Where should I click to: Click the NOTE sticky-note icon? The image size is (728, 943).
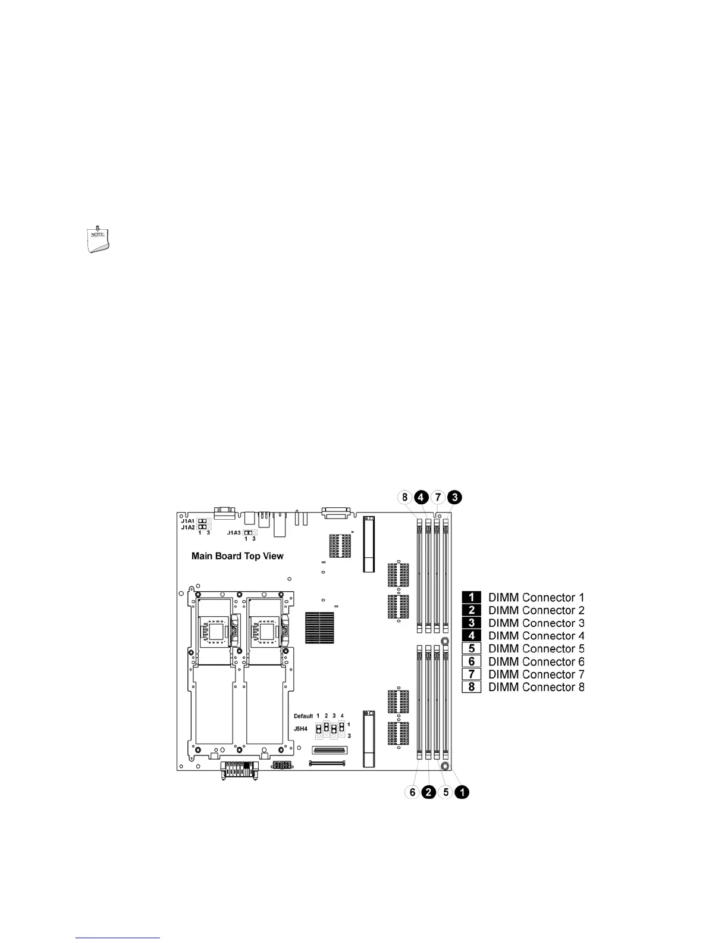pyautogui.click(x=96, y=239)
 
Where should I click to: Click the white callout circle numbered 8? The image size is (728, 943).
pyautogui.click(x=404, y=497)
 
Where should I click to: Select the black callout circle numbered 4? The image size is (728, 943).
pyautogui.click(x=421, y=497)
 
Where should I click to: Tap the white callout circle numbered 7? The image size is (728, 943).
pyautogui.click(x=438, y=497)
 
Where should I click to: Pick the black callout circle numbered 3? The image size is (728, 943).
pyautogui.click(x=455, y=497)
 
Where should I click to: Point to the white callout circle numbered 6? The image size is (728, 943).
pyautogui.click(x=412, y=792)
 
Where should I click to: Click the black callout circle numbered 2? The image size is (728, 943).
pyautogui.click(x=429, y=792)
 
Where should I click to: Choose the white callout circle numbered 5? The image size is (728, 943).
pyautogui.click(x=446, y=792)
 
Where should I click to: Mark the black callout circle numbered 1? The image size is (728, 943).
pyautogui.click(x=463, y=792)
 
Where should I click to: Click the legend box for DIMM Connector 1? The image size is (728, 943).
pyautogui.click(x=471, y=597)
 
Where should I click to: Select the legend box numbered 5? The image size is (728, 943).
pyautogui.click(x=471, y=648)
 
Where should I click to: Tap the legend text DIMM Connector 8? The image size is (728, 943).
pyautogui.click(x=536, y=687)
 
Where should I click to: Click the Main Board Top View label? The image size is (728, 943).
pyautogui.click(x=237, y=556)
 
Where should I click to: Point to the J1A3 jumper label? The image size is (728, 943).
pyautogui.click(x=234, y=533)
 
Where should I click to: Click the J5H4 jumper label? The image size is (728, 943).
pyautogui.click(x=301, y=729)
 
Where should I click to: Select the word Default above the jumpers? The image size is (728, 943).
pyautogui.click(x=303, y=716)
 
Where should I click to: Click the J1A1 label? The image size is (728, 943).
pyautogui.click(x=188, y=520)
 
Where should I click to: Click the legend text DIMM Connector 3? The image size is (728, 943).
pyautogui.click(x=536, y=623)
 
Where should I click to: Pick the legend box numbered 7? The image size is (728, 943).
pyautogui.click(x=471, y=674)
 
